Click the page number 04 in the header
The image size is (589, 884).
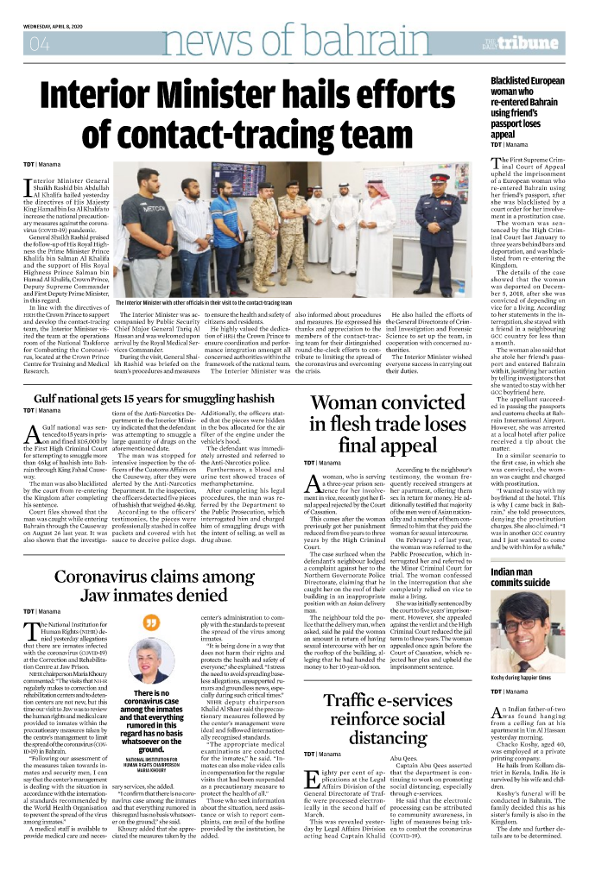pyautogui.click(x=38, y=42)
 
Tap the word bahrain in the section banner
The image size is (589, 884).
pyautogui.click(x=371, y=41)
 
